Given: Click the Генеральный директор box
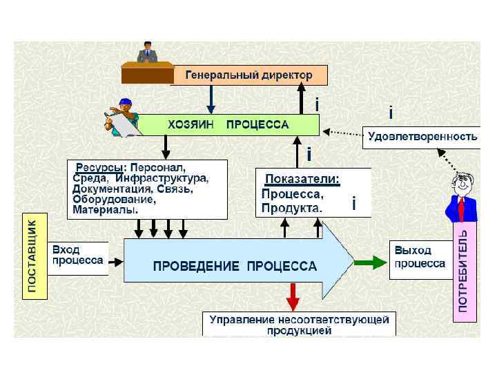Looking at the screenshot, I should (x=248, y=75).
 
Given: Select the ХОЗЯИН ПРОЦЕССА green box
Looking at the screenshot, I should (x=228, y=125).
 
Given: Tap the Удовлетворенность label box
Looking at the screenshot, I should (x=422, y=137).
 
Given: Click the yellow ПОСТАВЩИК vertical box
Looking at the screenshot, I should (x=34, y=256).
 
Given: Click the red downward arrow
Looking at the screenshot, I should (x=293, y=297).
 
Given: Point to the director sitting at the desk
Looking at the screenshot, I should (x=146, y=55).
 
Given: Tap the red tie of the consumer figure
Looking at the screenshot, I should (x=462, y=207).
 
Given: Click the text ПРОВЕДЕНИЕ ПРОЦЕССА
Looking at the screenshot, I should (x=235, y=266).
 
